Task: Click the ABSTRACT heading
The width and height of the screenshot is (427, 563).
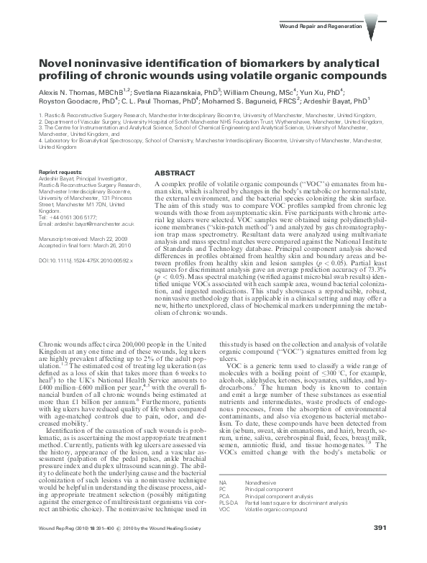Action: [x=175, y=173]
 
